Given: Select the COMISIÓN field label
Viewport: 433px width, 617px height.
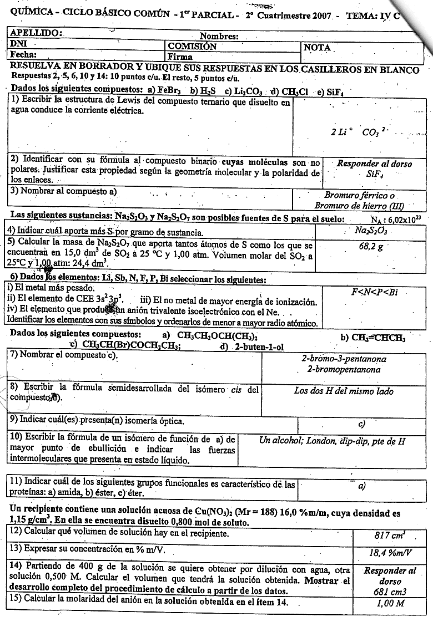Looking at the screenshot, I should tap(192, 47).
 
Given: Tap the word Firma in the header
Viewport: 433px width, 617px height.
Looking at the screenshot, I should tap(180, 57).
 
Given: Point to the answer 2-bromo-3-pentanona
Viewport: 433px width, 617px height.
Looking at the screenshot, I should tap(344, 359).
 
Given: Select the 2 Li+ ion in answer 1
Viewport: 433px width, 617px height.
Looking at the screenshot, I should tap(342, 133).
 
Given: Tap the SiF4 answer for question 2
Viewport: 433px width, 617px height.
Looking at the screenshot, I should tap(367, 174).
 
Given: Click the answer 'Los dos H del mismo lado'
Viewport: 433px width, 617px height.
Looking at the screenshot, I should tap(344, 391).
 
